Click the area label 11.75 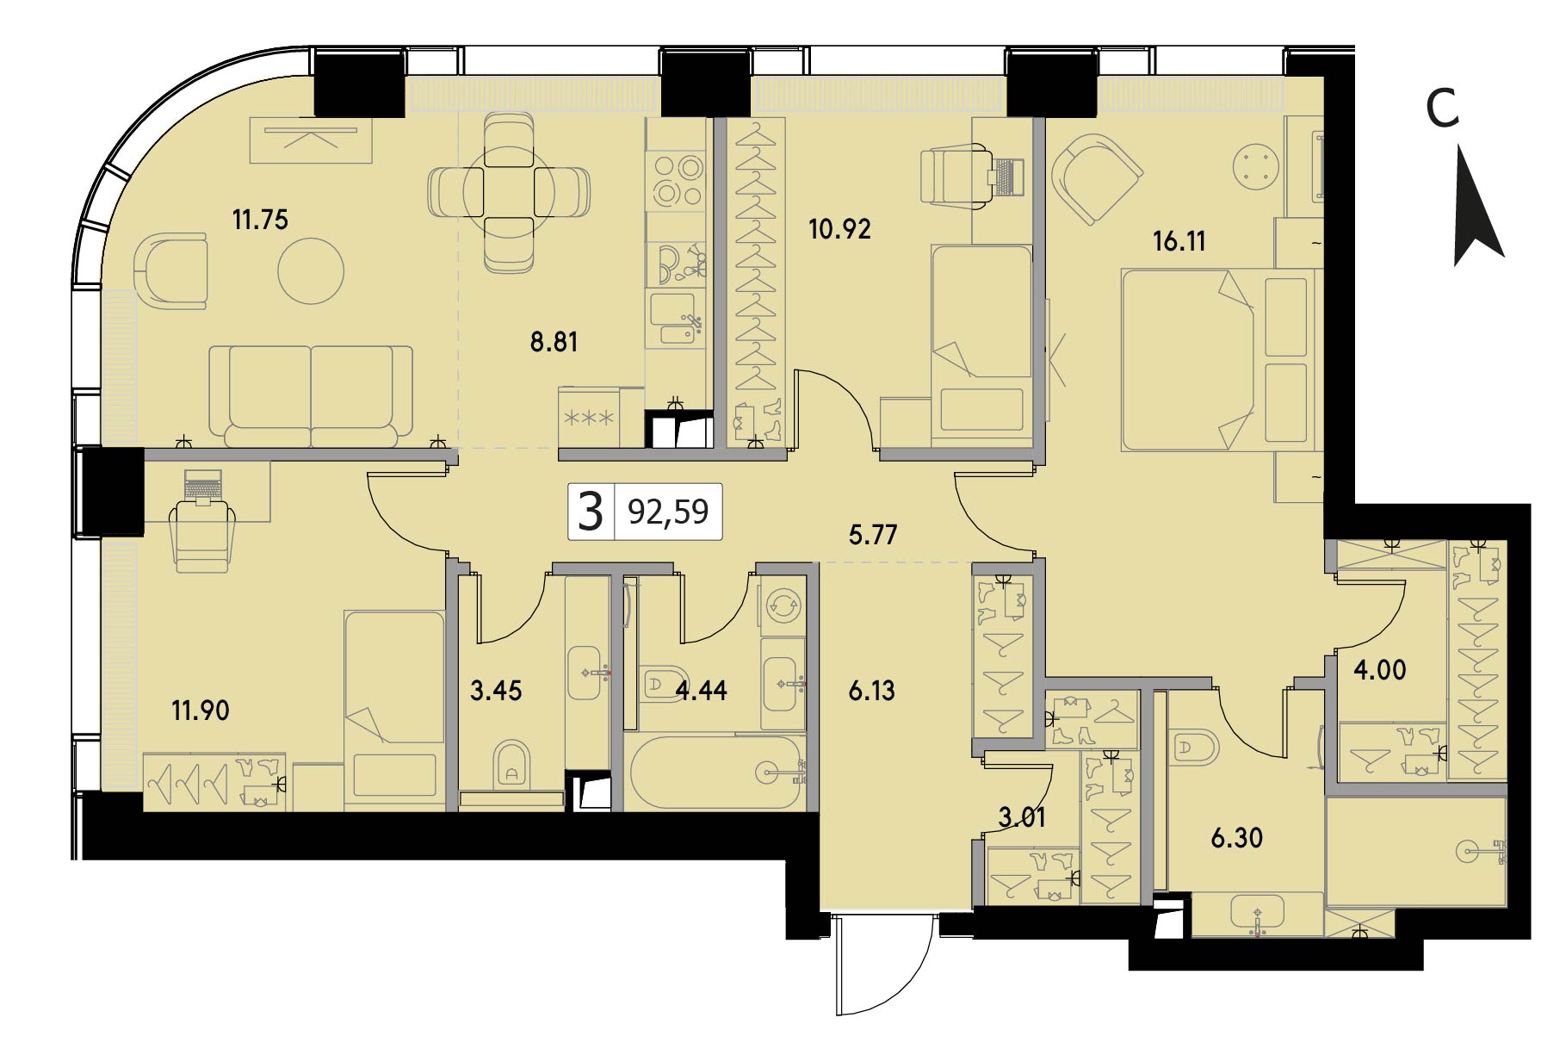260,220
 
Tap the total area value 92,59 668,512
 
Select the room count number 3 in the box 591,512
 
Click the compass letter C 1443,109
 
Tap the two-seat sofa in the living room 312,397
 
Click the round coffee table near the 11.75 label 311,271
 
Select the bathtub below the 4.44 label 714,772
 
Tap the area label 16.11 1179,241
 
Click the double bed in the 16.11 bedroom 1219,359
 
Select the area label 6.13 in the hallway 871,691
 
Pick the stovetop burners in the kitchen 676,178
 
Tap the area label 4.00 1380,670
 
